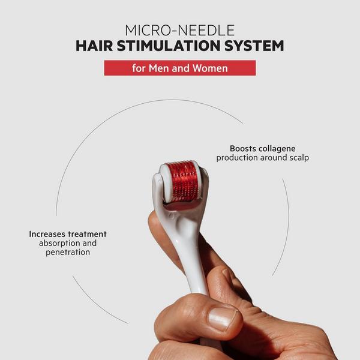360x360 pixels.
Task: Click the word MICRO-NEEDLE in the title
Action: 180,30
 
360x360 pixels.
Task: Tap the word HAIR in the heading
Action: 94,46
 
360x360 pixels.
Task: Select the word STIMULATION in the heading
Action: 169,46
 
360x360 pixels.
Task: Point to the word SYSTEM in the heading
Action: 254,46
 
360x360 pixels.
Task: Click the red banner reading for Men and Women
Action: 180,68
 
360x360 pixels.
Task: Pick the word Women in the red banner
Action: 210,68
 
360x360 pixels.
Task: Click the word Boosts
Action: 243,149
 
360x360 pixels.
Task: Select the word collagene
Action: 277,149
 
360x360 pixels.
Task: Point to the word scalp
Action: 299,158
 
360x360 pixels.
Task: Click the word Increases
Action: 47,234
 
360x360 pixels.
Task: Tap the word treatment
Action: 87,234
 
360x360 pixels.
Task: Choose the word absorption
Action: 59,244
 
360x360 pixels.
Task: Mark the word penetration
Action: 68,253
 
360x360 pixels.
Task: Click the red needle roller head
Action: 182,181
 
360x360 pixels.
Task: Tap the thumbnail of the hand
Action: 222,319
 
